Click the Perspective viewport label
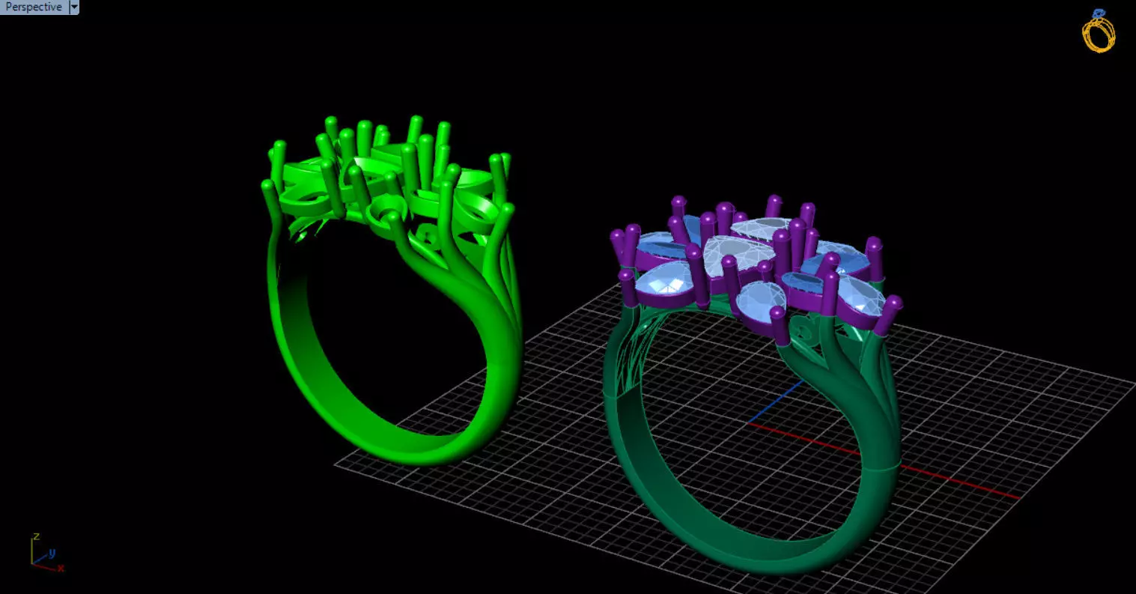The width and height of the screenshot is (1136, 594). (x=34, y=7)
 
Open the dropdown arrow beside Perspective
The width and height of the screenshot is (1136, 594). (x=73, y=7)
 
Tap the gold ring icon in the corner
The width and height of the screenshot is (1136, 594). (x=1099, y=31)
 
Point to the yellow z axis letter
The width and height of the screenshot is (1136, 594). (x=36, y=537)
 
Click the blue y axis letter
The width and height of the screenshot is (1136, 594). (x=52, y=554)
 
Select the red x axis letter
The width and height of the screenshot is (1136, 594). (x=61, y=569)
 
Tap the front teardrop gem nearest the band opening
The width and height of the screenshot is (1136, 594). (x=759, y=300)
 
